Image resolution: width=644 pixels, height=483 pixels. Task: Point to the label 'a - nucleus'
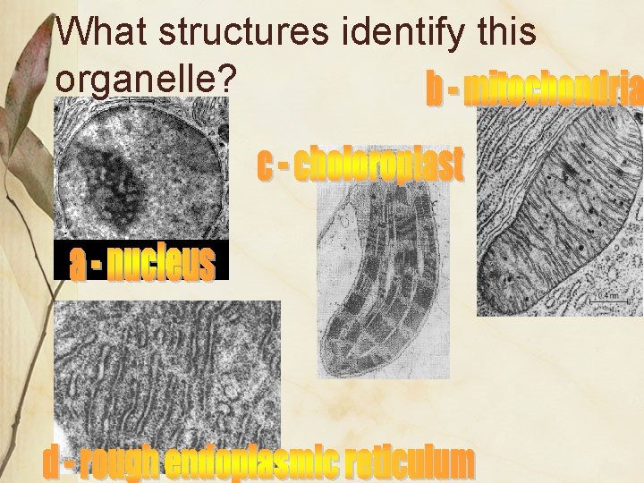point(143,263)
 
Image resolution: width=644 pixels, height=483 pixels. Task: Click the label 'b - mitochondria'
point(534,89)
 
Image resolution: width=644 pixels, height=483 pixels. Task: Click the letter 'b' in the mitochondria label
point(433,89)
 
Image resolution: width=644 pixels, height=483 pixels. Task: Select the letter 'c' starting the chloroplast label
point(265,165)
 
